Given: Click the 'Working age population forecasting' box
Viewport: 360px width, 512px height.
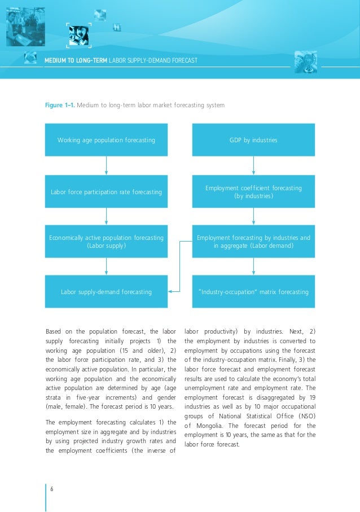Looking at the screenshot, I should tap(106, 139).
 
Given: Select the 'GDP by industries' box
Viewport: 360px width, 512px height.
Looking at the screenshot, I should tap(253, 139).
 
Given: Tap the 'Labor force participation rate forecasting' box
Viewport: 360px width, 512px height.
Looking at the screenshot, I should tap(106, 192).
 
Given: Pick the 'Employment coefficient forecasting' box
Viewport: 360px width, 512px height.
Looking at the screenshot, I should tap(253, 192).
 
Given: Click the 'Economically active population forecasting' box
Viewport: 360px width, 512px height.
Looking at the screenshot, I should tap(106, 242).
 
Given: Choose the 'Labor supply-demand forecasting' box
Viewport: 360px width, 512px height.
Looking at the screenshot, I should tap(106, 292).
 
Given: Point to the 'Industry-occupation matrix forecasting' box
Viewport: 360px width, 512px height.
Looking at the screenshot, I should tap(253, 292).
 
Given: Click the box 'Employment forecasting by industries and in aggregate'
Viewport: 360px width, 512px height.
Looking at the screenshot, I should tap(253, 242).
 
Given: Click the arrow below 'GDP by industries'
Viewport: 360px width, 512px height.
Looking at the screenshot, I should tap(253, 165).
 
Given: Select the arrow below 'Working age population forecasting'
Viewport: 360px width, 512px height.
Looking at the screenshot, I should tap(106, 165).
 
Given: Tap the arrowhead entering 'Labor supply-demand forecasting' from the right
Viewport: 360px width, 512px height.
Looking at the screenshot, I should tap(171, 292).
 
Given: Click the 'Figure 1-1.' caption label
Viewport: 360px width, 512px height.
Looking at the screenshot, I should tap(59, 105).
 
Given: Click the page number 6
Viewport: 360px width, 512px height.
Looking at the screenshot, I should tap(52, 488).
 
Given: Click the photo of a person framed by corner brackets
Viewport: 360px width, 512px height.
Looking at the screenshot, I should tap(78, 36).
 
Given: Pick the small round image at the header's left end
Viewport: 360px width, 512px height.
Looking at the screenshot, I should tap(30, 58).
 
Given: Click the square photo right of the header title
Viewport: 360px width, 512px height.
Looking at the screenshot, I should tap(306, 62).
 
